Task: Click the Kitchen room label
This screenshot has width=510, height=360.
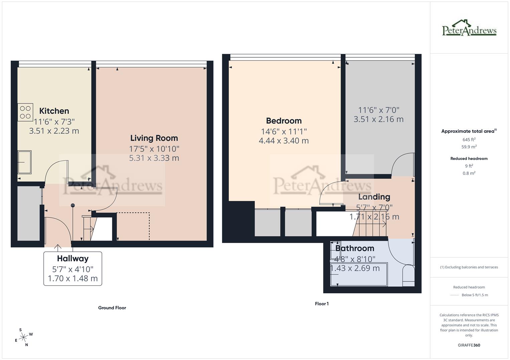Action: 54,111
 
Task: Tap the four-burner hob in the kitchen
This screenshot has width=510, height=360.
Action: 25,112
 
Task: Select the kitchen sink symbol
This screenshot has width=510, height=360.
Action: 24,162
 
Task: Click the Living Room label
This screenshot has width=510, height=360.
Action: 154,138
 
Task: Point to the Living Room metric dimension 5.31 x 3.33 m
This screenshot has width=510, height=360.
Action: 154,158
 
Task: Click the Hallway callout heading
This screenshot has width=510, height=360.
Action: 72,259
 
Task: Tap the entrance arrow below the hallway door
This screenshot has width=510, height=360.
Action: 58,247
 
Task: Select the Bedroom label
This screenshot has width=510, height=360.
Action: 284,121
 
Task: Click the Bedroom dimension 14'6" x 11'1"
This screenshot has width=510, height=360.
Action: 284,132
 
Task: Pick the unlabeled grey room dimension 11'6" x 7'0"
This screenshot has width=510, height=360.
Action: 378,110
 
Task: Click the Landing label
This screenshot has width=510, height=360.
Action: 374,197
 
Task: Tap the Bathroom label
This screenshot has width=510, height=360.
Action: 355,248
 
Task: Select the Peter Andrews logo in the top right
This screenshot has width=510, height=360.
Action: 469,28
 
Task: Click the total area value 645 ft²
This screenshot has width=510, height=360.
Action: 469,140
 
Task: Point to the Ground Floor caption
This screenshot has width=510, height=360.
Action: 112,308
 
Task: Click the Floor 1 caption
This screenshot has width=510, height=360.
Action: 322,304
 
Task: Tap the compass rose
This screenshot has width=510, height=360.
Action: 23,337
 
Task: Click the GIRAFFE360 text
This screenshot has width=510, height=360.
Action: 469,345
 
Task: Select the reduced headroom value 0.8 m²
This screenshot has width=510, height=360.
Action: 469,173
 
